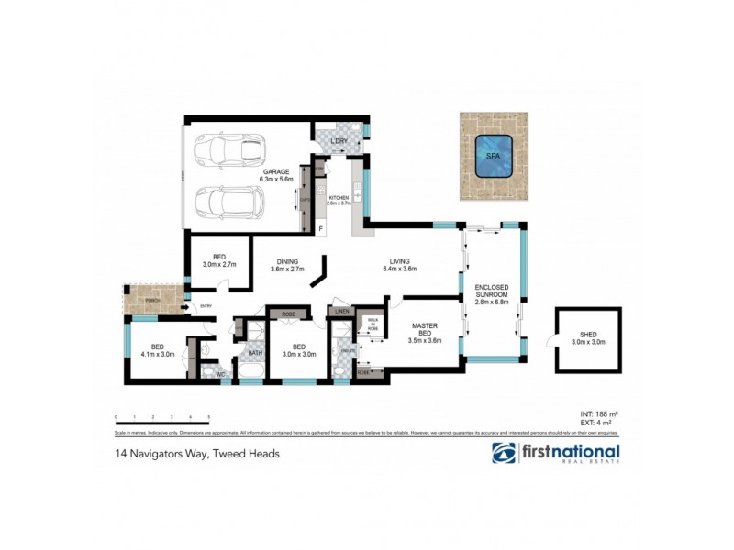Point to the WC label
220,373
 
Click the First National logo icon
504,454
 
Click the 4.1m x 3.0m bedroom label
158,351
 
